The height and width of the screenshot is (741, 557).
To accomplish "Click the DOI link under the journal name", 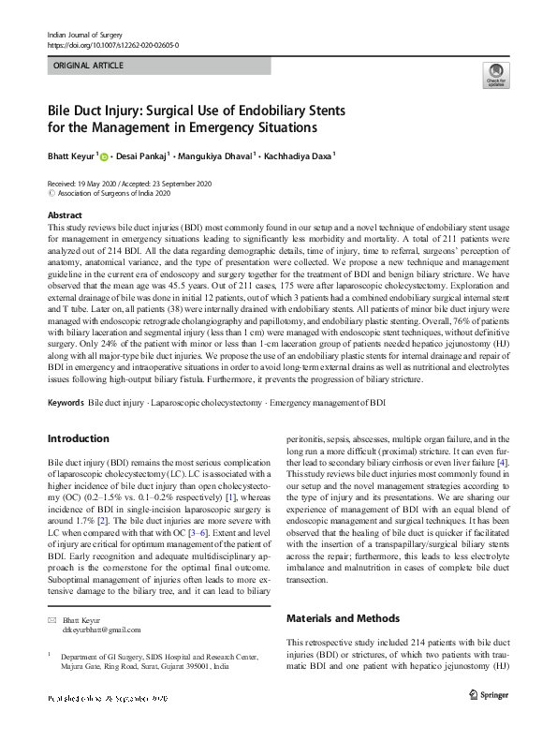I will click(x=112, y=44).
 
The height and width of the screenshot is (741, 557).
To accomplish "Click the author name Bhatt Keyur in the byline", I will click(x=70, y=156).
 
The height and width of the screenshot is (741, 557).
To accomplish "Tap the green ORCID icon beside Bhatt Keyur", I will click(x=104, y=157).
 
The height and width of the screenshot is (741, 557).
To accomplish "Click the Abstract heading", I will click(x=65, y=215).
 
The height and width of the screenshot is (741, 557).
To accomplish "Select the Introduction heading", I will click(x=79, y=439).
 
